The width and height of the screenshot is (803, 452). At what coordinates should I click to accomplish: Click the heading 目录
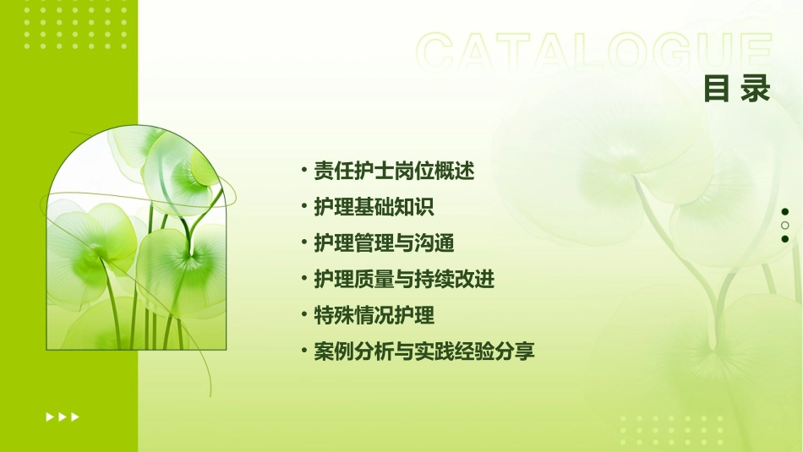point(737,89)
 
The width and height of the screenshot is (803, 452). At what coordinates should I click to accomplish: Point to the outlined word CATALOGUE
point(594,53)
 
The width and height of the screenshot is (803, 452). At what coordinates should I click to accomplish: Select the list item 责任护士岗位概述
point(394,172)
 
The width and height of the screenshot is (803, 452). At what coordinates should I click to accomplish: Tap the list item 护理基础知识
point(374,207)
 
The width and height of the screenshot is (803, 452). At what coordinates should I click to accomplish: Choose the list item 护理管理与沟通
point(384,243)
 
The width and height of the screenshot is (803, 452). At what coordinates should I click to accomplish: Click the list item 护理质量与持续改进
point(404,280)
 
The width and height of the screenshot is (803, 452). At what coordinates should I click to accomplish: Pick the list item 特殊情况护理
point(374,316)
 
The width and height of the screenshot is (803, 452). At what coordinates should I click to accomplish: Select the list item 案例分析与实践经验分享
point(424,351)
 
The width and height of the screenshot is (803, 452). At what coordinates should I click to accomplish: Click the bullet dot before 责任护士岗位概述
point(303,171)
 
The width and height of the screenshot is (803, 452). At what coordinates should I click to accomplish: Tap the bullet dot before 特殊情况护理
point(303,315)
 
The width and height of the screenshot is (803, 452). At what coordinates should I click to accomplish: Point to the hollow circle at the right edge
point(785,226)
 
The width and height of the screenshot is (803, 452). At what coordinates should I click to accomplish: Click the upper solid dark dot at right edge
point(785,211)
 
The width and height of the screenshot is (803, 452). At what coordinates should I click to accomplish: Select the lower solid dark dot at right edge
point(785,239)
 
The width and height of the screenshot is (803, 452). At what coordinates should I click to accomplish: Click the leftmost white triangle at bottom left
point(50,417)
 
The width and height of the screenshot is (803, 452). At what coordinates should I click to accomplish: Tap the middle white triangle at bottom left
point(63,417)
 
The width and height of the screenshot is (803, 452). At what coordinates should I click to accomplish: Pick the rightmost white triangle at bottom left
point(75,417)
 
